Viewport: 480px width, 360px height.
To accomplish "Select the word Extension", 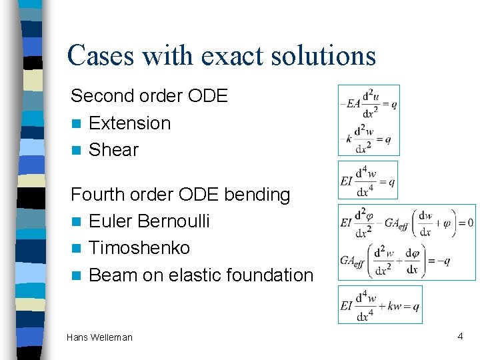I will coord(129,123).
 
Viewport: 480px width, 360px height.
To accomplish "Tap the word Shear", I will coord(113,150).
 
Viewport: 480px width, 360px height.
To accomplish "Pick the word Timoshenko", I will coord(139,248).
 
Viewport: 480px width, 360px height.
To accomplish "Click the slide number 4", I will coord(460,337).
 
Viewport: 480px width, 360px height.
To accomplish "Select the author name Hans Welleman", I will coord(99,337).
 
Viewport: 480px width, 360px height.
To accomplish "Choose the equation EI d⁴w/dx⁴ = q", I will coord(368,180).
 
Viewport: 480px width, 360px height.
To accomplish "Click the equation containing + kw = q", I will coord(380,305).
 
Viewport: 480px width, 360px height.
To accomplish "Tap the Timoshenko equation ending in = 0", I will coord(407,223).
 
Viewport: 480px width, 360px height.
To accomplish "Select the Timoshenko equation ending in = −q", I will coord(395,260).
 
